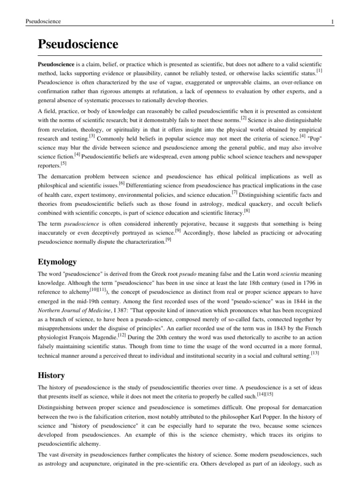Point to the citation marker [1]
point(319,71)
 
